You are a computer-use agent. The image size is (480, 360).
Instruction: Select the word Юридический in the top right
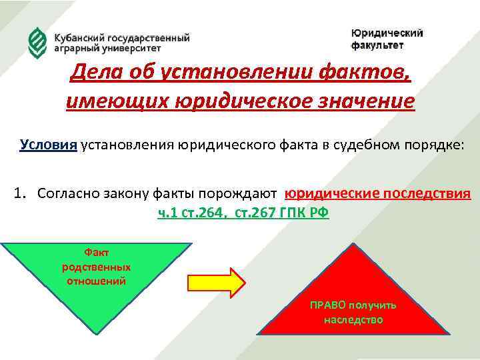(x=387, y=33)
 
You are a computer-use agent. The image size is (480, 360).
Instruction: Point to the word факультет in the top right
(x=377, y=45)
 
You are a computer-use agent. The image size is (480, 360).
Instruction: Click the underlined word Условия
(x=48, y=145)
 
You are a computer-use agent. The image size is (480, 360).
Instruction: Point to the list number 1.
(x=18, y=194)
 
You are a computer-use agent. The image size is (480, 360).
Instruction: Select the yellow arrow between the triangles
(x=217, y=282)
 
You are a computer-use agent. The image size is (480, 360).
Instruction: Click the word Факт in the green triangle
(x=96, y=253)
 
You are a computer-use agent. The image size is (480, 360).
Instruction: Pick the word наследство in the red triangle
(x=353, y=320)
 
